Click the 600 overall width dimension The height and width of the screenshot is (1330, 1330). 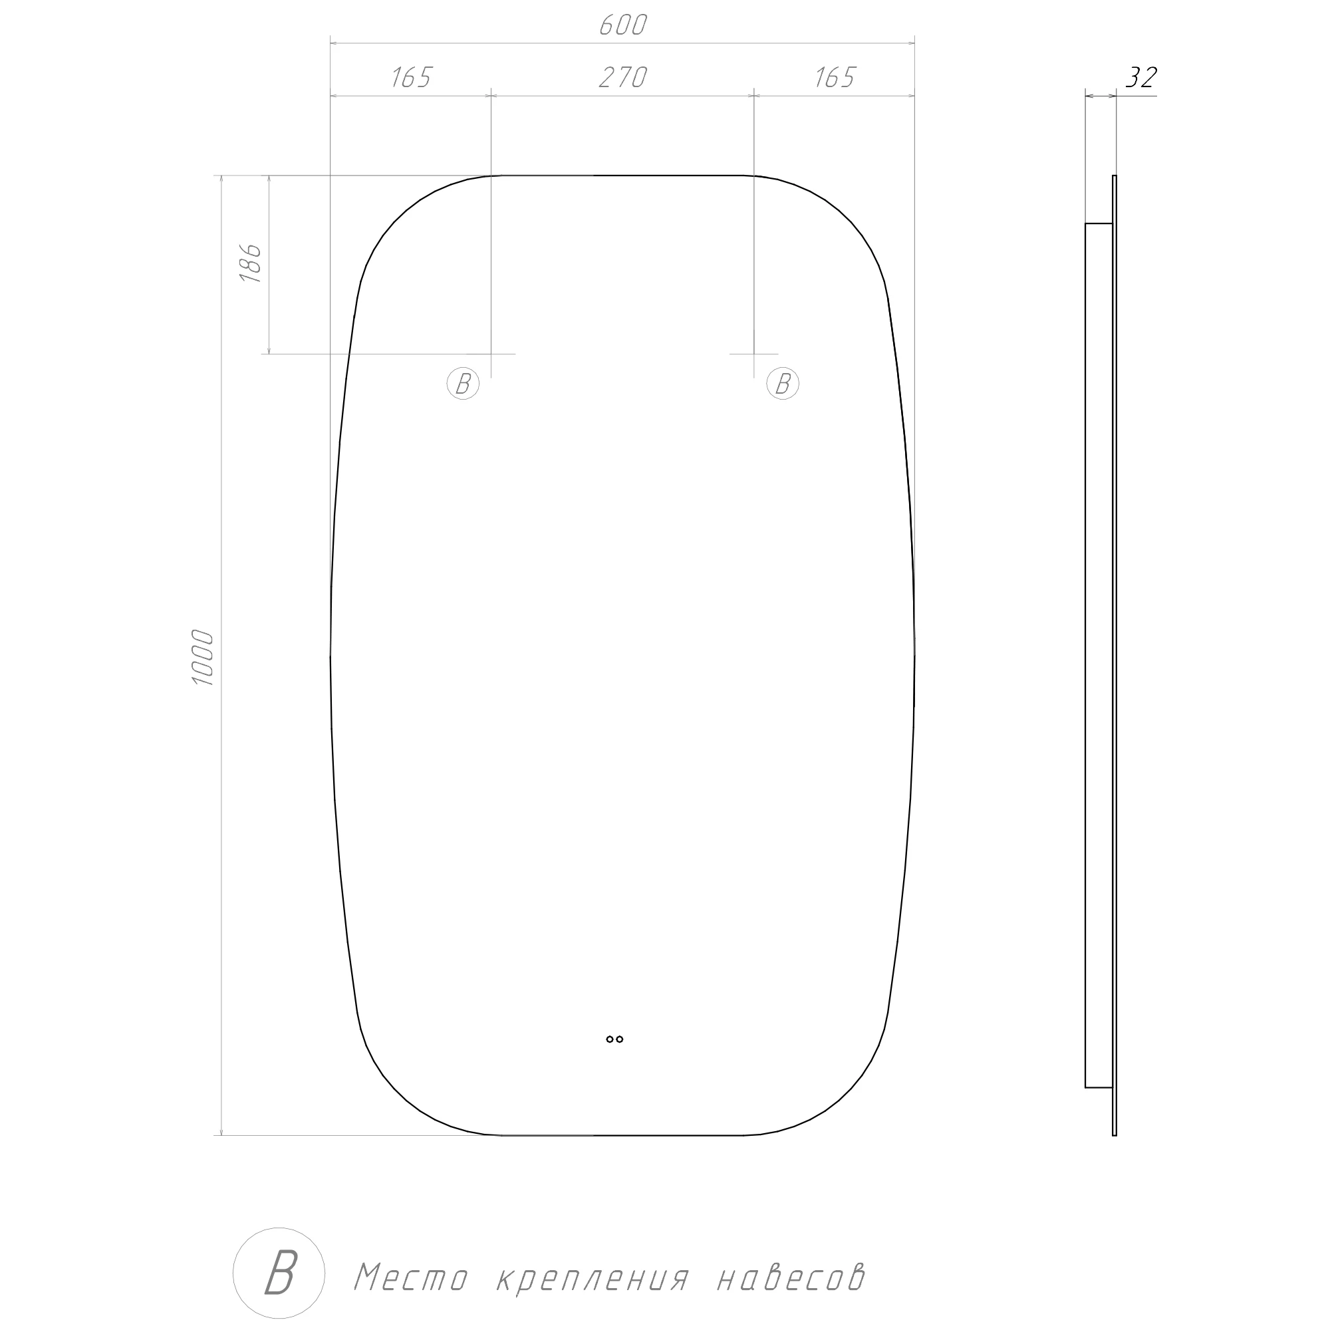[x=623, y=25]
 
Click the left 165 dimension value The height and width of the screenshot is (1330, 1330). [x=411, y=78]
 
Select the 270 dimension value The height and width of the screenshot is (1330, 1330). [x=623, y=78]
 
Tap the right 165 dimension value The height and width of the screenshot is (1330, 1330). [x=835, y=78]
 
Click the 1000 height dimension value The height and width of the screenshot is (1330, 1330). [x=203, y=657]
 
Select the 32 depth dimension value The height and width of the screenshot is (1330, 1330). [x=1140, y=78]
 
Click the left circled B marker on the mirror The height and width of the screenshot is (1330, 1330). [x=463, y=384]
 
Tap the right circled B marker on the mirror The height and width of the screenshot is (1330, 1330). [x=783, y=384]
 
